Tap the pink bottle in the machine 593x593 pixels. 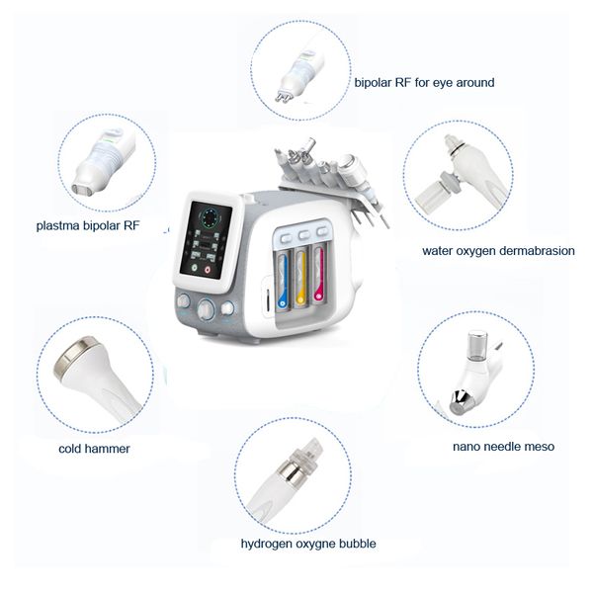pos(319,278)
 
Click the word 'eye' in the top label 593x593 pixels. pos(445,83)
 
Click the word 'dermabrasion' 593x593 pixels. pos(530,250)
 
